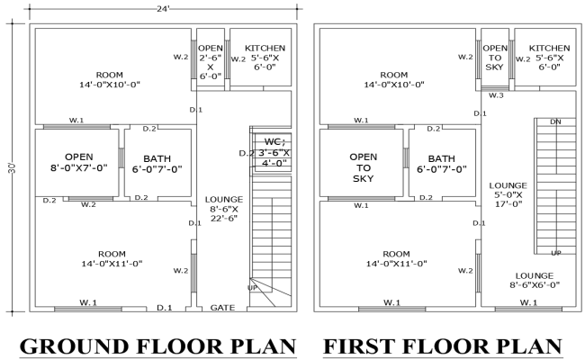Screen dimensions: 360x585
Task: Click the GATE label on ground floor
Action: point(222,308)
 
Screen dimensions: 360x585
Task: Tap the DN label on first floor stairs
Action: point(555,121)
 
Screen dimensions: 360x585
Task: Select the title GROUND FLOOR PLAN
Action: point(157,346)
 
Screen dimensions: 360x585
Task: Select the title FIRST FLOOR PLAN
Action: point(443,346)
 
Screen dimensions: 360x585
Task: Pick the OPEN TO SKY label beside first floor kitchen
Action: point(495,57)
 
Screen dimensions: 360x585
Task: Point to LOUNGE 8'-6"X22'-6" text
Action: point(222,208)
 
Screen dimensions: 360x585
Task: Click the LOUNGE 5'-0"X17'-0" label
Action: point(508,193)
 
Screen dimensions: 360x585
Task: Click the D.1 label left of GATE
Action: point(165,308)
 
